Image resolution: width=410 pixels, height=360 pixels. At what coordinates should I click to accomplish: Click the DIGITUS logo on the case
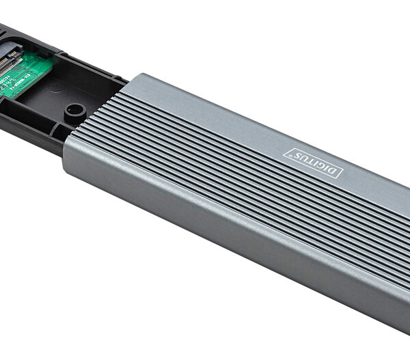tap(314, 161)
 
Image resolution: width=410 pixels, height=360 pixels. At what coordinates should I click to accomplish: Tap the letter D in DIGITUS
tap(336, 171)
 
